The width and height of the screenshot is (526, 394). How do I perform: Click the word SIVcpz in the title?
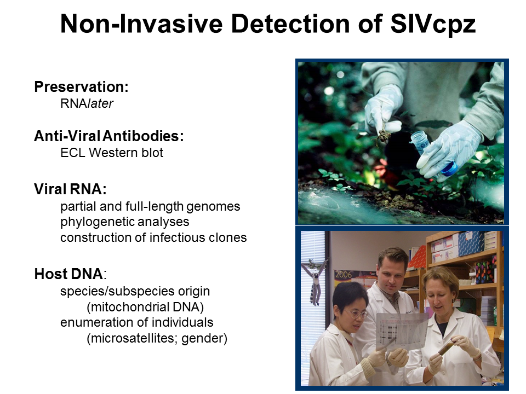[433, 24]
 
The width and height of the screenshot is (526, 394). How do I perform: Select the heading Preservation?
[82, 87]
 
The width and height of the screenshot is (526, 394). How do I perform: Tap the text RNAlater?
[87, 103]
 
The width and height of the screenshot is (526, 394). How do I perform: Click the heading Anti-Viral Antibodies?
[109, 136]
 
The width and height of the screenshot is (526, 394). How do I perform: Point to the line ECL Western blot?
[112, 153]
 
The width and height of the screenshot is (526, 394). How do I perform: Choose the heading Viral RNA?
[71, 189]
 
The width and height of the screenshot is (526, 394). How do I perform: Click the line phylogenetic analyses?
[125, 222]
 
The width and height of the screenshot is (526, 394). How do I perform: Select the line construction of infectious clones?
[153, 237]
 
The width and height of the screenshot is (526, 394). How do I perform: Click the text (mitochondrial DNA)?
[145, 307]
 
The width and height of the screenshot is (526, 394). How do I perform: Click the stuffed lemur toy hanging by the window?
[315, 281]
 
